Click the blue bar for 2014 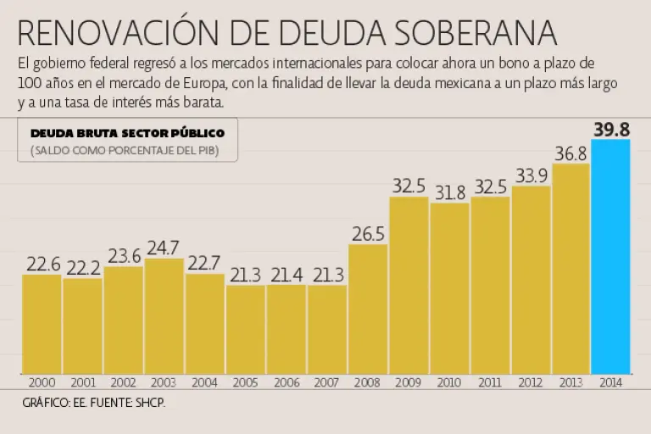coord(611,256)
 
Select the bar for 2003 coord(164,315)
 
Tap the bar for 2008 coord(368,309)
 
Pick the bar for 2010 coord(449,288)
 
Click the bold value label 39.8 coord(611,130)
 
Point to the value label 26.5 coord(368,233)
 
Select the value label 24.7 coord(164,248)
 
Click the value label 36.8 coord(571,153)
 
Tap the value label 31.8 coord(449,192)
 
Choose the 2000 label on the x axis coord(42,382)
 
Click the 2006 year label coord(287,382)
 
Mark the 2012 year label coord(531,382)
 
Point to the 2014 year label coord(611,382)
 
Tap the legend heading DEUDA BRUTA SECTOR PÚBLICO coord(127,133)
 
